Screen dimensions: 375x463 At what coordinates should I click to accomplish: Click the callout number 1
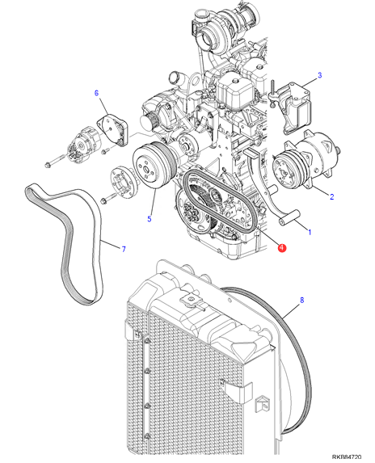[310, 232]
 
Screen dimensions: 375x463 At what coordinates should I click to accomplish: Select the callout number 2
[331, 196]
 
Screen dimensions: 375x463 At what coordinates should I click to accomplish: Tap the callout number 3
[319, 75]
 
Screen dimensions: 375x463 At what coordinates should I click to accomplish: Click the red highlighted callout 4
[282, 247]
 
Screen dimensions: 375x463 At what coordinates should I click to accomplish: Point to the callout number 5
[150, 219]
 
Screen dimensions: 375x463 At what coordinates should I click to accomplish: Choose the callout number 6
[96, 93]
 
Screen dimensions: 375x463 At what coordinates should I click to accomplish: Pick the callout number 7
[124, 249]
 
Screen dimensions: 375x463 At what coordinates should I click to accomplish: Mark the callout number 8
[301, 301]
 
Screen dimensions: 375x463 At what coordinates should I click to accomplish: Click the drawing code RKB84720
[347, 457]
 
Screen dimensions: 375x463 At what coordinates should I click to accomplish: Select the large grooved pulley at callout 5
[154, 166]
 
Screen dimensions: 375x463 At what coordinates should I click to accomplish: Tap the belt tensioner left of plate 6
[84, 145]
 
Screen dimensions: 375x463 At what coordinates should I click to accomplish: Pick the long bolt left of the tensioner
[56, 161]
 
